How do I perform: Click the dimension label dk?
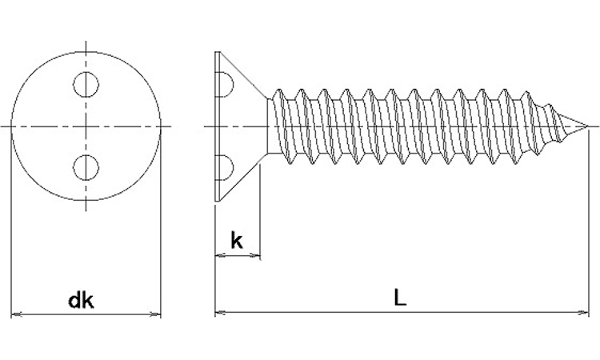[x=82, y=301]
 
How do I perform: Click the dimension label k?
[x=237, y=241]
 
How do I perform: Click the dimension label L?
[x=400, y=298]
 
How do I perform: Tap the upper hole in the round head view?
[x=86, y=83]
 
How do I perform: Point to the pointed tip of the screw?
[x=590, y=126]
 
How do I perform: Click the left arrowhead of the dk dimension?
[x=15, y=314]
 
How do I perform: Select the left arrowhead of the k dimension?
[x=219, y=257]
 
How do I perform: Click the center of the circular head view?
[x=86, y=126]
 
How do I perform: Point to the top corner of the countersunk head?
[x=218, y=53]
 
